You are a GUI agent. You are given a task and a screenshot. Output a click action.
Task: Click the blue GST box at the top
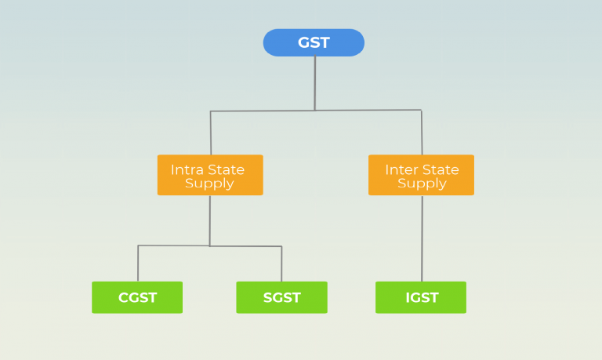(314, 42)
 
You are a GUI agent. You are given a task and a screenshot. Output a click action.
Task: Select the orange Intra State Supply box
(209, 175)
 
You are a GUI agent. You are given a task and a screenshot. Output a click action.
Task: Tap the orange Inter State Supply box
(421, 175)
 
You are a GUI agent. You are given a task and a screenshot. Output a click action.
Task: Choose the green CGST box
(137, 297)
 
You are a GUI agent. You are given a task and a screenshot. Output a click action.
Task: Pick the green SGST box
(281, 297)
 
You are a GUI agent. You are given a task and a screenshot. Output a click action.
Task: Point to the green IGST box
(421, 297)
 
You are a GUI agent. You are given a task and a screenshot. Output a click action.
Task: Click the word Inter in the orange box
(401, 169)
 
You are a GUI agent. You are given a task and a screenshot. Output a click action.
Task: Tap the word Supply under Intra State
(209, 184)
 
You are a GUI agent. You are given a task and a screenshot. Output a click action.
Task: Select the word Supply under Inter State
(422, 184)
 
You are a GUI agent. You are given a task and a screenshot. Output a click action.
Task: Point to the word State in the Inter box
(441, 169)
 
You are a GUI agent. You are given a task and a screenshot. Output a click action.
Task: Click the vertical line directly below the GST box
(314, 82)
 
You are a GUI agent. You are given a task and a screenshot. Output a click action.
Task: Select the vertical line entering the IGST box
(422, 239)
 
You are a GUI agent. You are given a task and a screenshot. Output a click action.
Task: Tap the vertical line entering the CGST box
(138, 264)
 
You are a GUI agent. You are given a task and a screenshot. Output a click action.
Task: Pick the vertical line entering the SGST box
(281, 264)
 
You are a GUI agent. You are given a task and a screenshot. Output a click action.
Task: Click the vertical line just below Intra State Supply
(209, 220)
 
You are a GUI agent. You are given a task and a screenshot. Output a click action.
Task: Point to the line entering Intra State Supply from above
(210, 133)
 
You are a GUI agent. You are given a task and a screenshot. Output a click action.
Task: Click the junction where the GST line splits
(314, 111)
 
